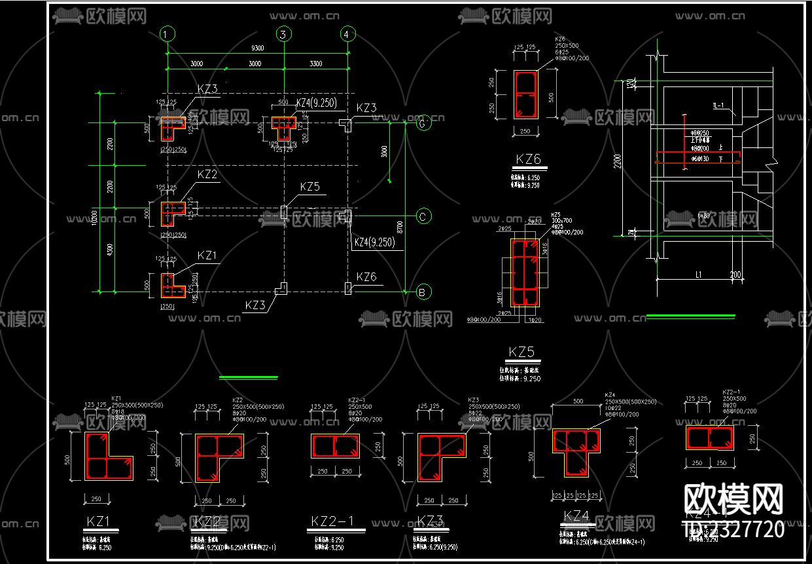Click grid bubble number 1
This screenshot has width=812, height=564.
coord(168,34)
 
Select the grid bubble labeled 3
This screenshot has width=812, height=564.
coord(283,34)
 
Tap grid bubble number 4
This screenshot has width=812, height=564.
coord(348,34)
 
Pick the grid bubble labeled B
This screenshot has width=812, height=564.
coord(423,292)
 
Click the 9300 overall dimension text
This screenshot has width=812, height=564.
coord(257,48)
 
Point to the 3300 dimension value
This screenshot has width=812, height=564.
coord(316,64)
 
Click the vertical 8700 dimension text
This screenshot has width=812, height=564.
coord(400,227)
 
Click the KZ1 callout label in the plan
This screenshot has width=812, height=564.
coord(207,255)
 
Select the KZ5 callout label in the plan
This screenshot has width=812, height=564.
coord(310,187)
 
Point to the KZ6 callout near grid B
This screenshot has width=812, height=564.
coord(366,277)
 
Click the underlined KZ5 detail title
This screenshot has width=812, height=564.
coord(521,352)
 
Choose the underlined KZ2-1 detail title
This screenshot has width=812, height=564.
coord(332,521)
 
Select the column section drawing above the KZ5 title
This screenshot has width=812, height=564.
coord(525,272)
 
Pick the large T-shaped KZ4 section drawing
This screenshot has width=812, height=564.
coord(576,453)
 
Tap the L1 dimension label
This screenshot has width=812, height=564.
coord(698,275)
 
